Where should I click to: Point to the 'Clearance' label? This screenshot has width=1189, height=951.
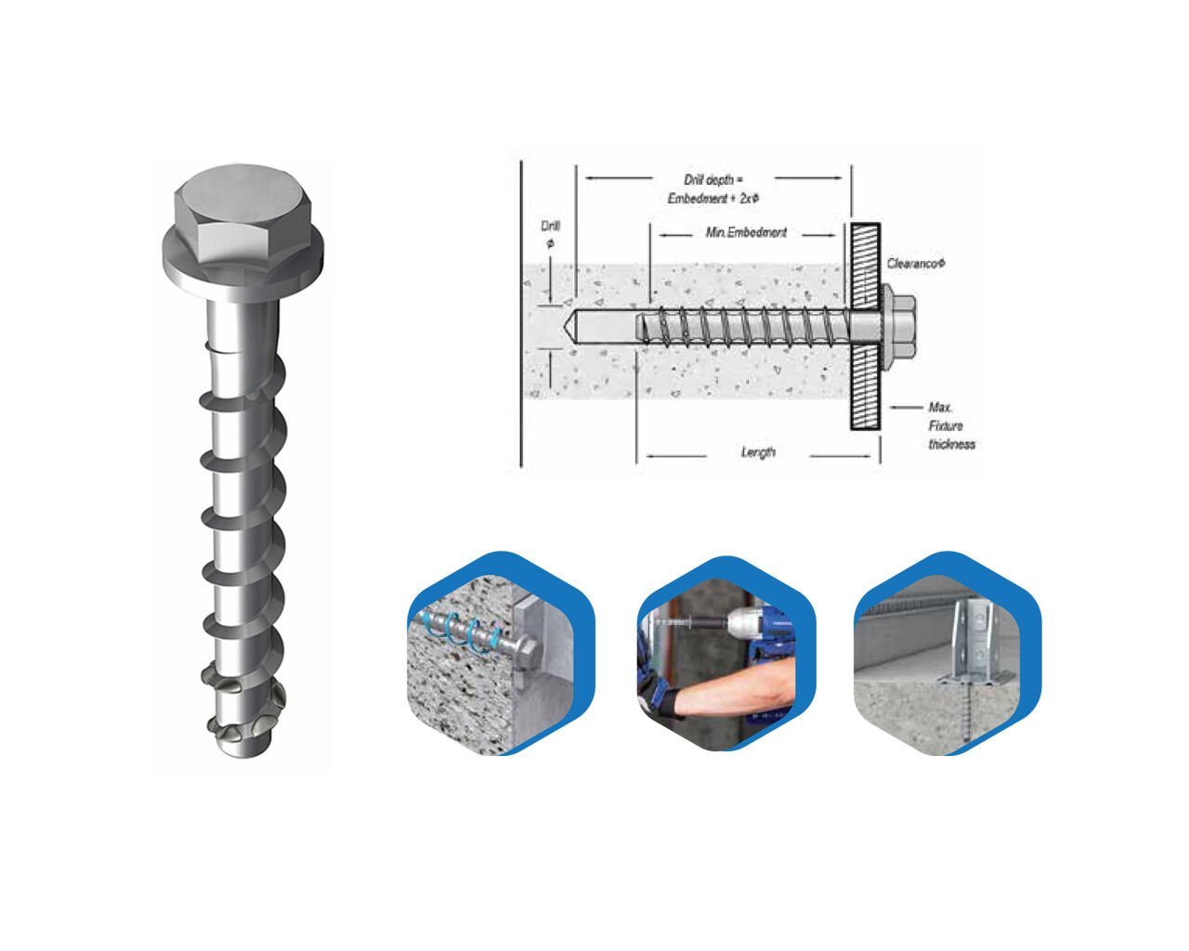(x=916, y=264)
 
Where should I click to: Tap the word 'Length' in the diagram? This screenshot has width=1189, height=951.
(x=758, y=452)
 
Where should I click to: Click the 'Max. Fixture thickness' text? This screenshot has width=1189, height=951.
(x=950, y=426)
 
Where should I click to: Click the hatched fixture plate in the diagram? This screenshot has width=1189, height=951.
(x=864, y=325)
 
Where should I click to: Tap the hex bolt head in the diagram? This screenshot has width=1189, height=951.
(x=899, y=325)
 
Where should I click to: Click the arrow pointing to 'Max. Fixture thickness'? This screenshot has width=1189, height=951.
(x=905, y=407)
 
